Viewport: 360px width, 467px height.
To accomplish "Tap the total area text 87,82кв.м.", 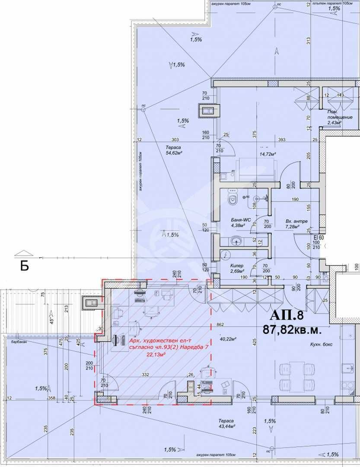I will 292,329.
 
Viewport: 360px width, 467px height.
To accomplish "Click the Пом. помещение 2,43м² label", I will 335,117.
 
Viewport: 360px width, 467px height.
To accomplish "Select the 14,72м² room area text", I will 268,154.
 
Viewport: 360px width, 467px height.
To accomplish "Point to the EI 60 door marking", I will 319,237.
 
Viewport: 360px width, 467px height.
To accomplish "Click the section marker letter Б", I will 25,266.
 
